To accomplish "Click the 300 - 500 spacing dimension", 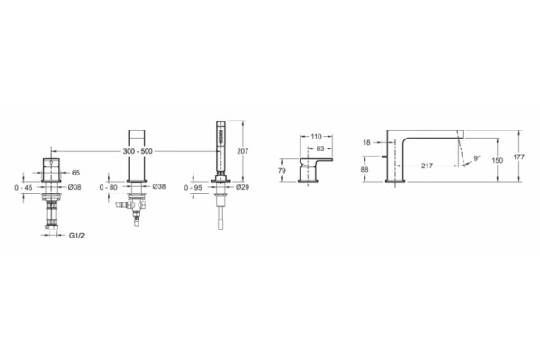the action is (138, 151).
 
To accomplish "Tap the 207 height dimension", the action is (243, 151).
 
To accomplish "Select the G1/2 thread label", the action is (76, 236).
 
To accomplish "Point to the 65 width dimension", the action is (76, 173).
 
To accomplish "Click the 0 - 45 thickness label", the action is (23, 188).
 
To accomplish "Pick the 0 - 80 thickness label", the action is (109, 187).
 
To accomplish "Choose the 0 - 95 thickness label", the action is (193, 188).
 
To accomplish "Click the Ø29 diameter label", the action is (243, 187).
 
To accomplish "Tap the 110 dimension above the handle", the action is (316, 137).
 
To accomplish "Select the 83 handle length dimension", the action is (320, 148).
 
